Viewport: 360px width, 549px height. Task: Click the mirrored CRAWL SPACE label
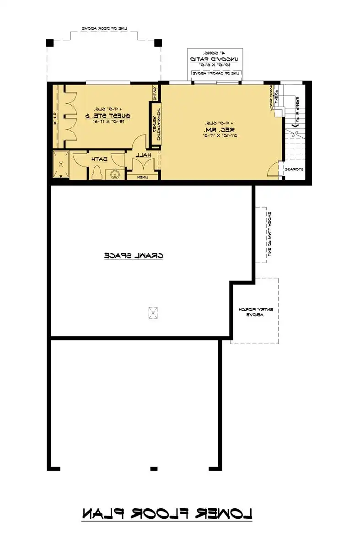(x=134, y=255)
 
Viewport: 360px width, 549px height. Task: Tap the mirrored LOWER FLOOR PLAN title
(x=167, y=514)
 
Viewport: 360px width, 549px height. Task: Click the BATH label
(x=99, y=159)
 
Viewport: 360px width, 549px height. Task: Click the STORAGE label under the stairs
(x=296, y=169)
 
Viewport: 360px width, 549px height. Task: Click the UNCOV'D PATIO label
(x=214, y=59)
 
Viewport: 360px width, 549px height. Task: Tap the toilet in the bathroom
(x=97, y=173)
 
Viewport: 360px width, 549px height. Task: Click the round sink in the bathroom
(x=114, y=174)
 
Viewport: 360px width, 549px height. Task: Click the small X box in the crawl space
(x=153, y=312)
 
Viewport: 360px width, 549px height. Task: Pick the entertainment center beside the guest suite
(x=155, y=124)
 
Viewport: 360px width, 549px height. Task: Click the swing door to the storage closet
(x=273, y=170)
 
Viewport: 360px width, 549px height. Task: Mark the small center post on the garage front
(x=154, y=468)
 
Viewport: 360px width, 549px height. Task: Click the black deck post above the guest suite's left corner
(x=50, y=43)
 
